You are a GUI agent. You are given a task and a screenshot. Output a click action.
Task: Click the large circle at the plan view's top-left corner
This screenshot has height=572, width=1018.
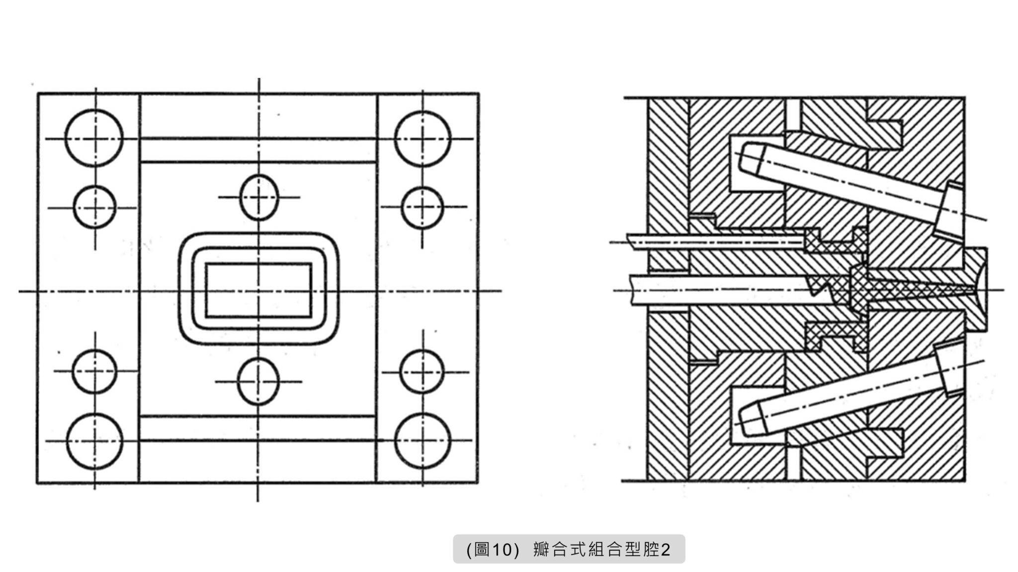coord(94,138)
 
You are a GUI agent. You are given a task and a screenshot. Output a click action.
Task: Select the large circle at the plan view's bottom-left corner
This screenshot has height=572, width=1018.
coord(94,441)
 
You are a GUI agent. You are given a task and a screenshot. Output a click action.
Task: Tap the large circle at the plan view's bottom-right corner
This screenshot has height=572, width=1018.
coord(423,441)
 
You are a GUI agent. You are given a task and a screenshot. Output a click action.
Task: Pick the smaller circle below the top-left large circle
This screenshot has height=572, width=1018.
coord(95,207)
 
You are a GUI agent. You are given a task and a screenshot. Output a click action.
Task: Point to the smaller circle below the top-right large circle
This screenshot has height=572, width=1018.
coord(423,207)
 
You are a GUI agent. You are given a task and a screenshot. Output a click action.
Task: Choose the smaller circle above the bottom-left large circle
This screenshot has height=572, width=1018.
coord(95,371)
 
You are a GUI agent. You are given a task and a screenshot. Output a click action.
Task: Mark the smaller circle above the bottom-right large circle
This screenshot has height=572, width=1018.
coord(422,371)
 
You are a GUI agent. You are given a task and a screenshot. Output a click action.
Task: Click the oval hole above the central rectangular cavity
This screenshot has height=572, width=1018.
coord(258,197)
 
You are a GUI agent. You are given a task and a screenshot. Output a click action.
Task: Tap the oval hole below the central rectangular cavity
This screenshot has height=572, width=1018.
coord(258,381)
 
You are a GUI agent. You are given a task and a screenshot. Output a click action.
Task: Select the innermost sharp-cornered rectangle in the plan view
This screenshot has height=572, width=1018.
coord(258,290)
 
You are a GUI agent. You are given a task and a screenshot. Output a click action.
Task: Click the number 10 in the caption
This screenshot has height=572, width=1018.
coord(502,549)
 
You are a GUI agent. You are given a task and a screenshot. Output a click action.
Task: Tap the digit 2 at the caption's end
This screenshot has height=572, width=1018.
coord(666,549)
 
